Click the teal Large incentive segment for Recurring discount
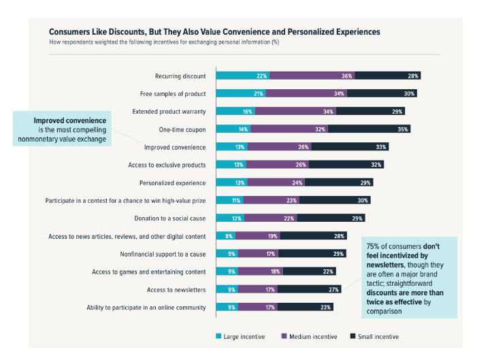[x=242, y=76]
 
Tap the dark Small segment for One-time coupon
[x=369, y=129]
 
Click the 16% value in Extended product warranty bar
[x=247, y=111]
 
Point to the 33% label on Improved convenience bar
[x=381, y=146]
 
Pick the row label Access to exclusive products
[x=167, y=165]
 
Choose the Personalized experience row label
[x=171, y=182]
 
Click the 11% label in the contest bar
[x=236, y=200]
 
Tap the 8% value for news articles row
[x=229, y=235]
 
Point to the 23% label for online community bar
[x=325, y=307]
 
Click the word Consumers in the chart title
[x=69, y=31]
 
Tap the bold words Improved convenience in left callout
[x=70, y=120]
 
